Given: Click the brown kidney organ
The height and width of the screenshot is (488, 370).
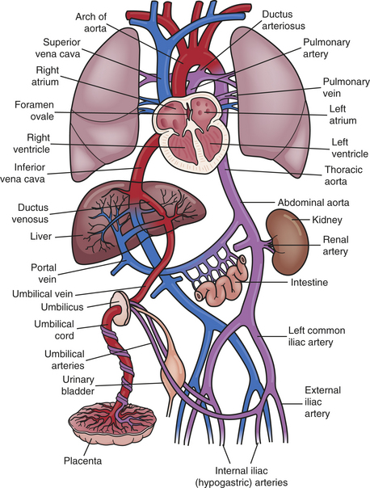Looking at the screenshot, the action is coord(287,242).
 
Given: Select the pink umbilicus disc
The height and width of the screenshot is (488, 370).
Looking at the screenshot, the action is coord(120,308).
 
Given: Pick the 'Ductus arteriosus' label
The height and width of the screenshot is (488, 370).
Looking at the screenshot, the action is coord(284,20).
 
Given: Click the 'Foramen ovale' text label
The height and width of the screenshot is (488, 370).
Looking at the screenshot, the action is coord(34,111).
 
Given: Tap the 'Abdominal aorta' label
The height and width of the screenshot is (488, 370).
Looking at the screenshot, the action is coord(313,203).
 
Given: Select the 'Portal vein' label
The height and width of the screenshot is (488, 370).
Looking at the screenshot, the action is coord(44,273).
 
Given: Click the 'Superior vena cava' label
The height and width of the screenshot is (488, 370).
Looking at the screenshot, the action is coord(58,48).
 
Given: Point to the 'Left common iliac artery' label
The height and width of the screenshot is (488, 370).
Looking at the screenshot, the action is coord(312,336).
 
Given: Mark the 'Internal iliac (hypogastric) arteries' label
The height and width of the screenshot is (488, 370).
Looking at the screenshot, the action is coord(242,476).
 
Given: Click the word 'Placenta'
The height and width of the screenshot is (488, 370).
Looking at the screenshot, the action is coord(82,461).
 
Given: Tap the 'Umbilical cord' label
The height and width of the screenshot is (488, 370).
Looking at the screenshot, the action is coord(54,330).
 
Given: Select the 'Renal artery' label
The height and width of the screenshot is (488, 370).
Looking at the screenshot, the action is coord(335,246).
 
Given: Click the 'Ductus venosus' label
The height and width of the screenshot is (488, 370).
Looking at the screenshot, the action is coord(30,213).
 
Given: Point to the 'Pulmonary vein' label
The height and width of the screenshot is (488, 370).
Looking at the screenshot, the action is coord(346,87).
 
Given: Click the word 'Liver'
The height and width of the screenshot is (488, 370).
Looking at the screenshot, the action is coord(40,236).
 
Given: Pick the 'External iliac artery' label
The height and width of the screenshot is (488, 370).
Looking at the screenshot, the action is coord(322,402).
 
